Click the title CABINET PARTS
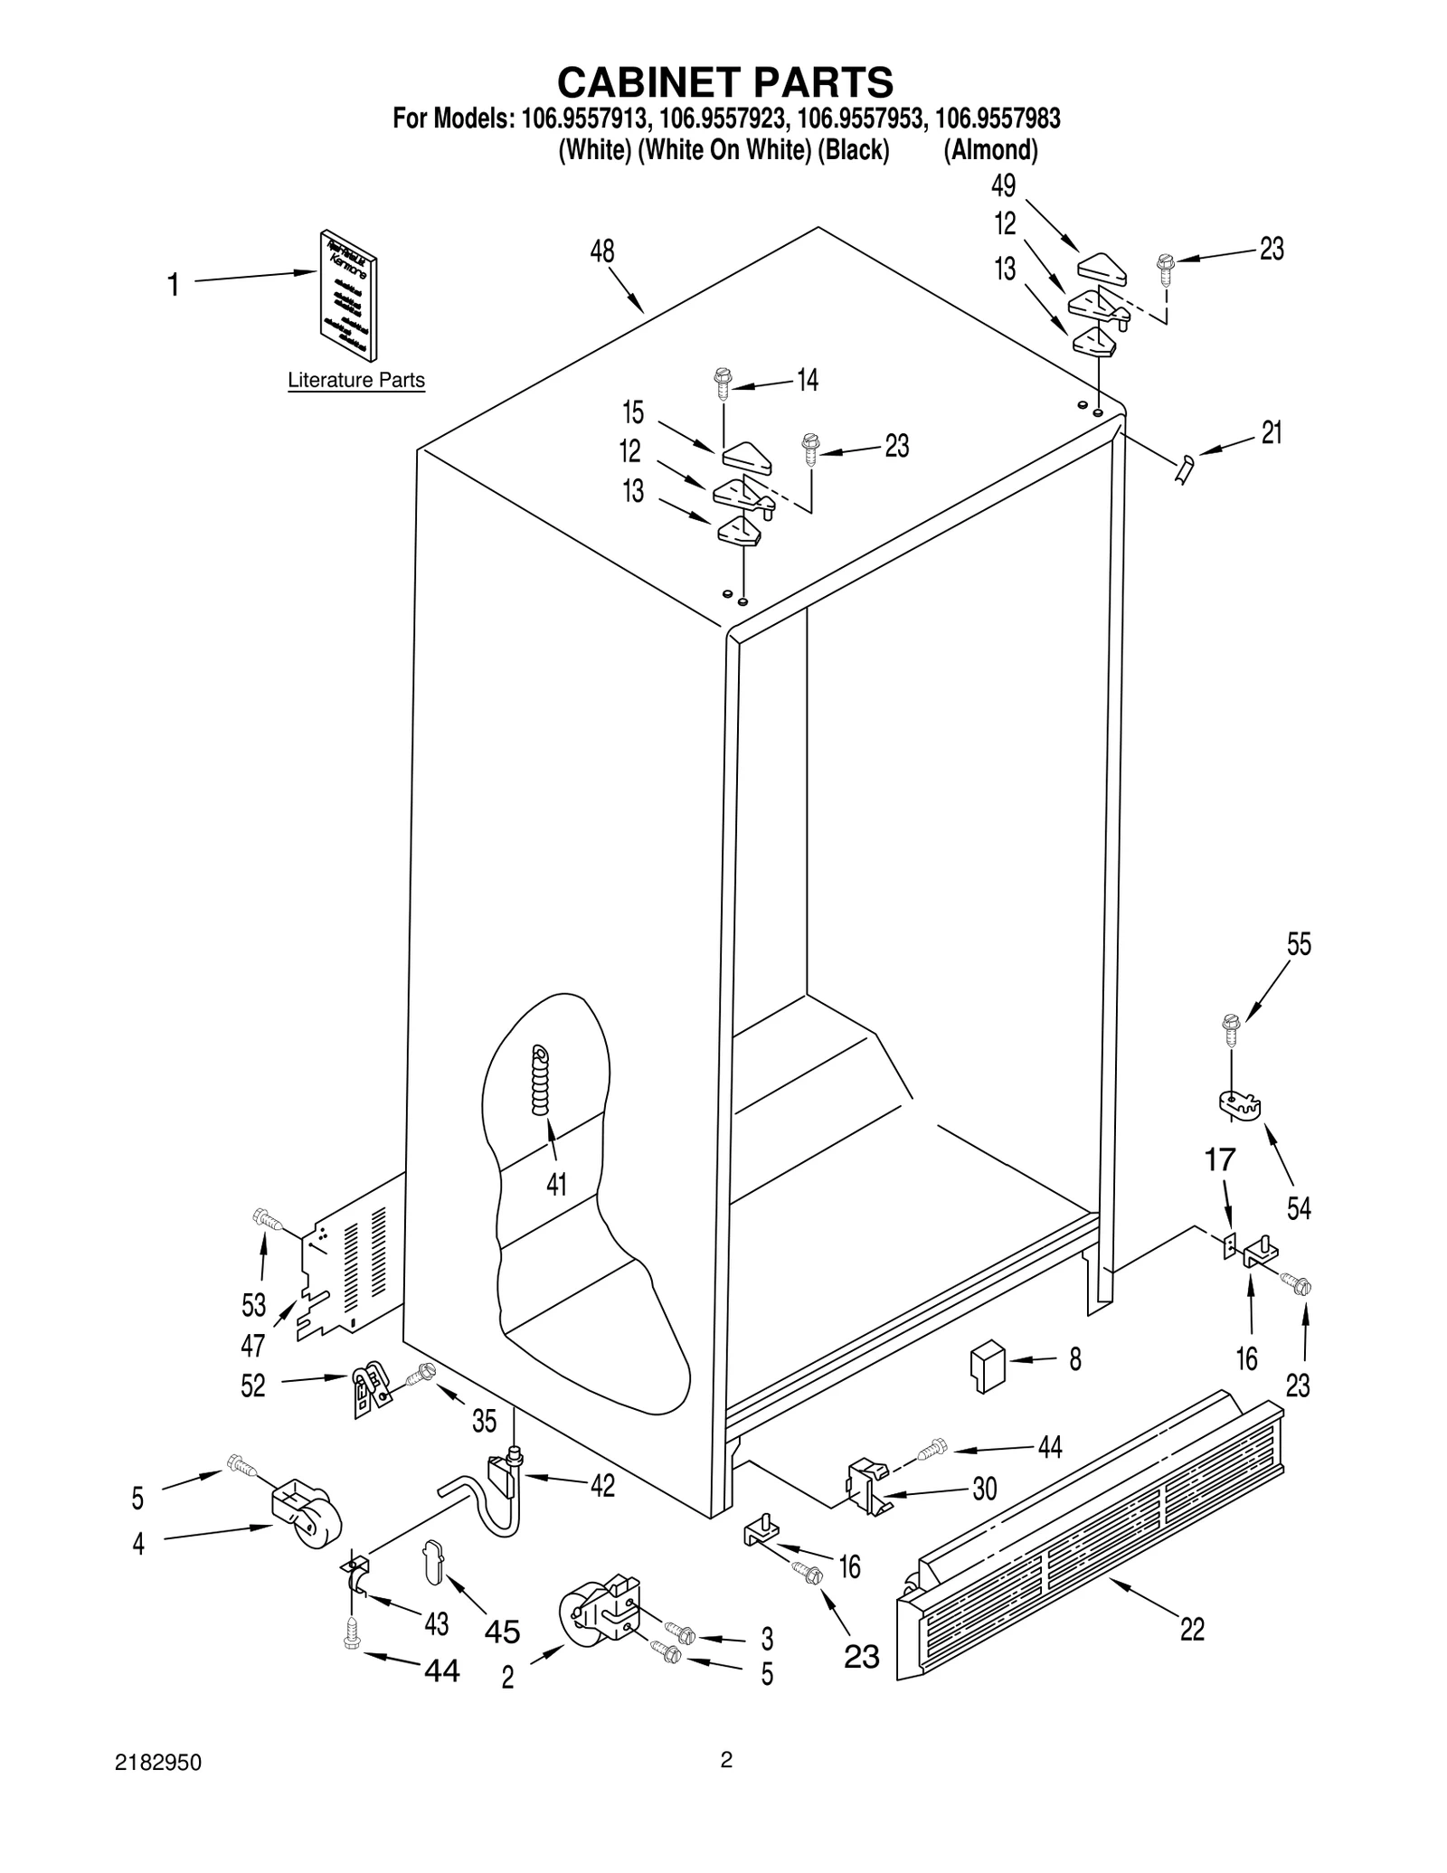[x=724, y=82]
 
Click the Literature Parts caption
[x=355, y=381]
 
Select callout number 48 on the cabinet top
[x=602, y=251]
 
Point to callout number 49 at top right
[x=1004, y=186]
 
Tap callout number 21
[x=1272, y=433]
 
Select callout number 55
[x=1299, y=944]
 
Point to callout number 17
[x=1220, y=1159]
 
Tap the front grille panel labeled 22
[x=1085, y=1551]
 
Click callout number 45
[x=502, y=1631]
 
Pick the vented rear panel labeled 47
[x=353, y=1266]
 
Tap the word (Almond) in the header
[x=990, y=150]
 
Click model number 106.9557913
[x=585, y=118]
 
